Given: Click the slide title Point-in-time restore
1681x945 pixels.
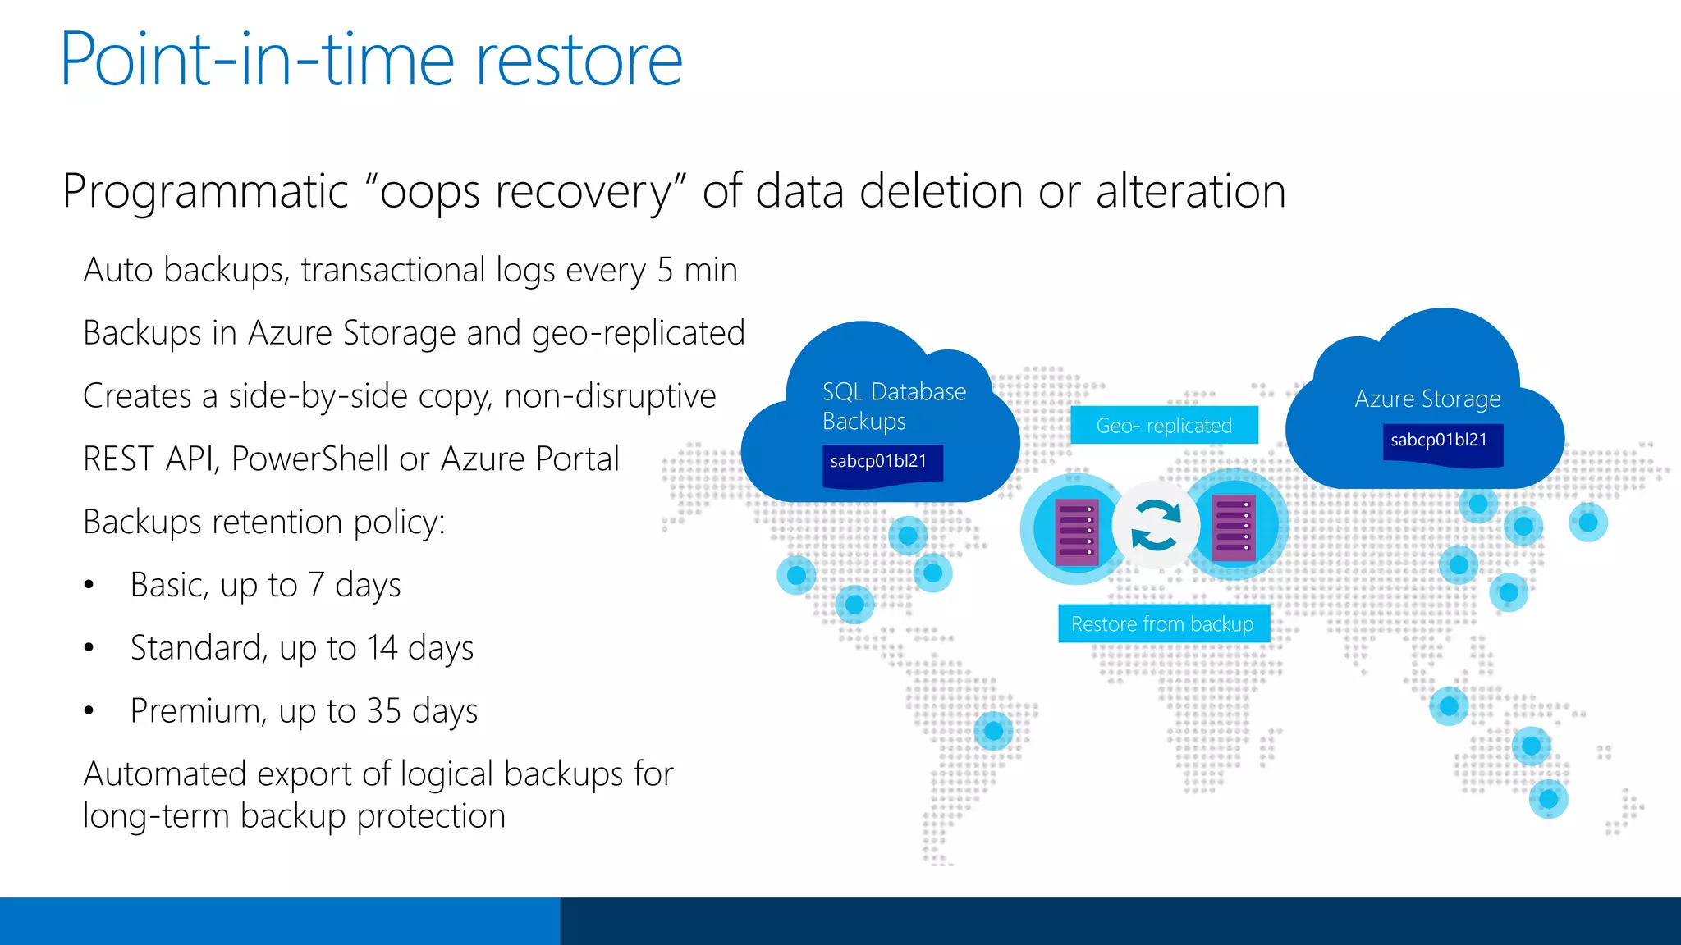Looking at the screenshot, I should (371, 59).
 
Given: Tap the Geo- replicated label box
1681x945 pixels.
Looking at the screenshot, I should (1164, 426).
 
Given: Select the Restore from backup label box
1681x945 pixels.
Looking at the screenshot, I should (1162, 624).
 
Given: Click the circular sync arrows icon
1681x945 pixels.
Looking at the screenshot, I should (1156, 525).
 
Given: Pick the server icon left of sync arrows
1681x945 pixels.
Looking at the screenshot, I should (1076, 530).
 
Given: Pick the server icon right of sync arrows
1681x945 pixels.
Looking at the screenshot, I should (1234, 527).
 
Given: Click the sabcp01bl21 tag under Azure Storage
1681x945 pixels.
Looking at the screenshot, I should (1439, 441).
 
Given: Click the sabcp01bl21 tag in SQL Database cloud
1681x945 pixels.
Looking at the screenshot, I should (879, 462).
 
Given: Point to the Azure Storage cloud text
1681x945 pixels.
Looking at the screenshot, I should (1427, 399).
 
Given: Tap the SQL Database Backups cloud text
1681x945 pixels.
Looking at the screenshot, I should (893, 406).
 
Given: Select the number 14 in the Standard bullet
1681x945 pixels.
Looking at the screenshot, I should (382, 648).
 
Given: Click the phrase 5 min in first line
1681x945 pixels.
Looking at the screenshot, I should (697, 270).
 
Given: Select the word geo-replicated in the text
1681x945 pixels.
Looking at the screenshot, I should (638, 333).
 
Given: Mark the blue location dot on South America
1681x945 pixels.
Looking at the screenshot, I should (993, 730).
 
